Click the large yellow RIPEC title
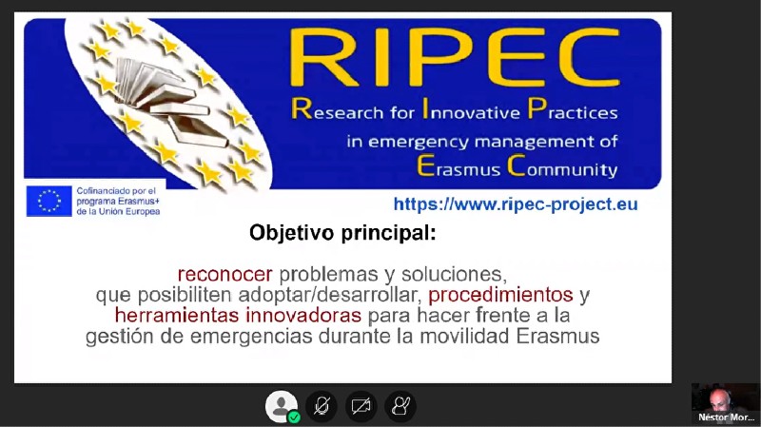(455, 57)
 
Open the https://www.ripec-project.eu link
(516, 204)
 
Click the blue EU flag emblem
(49, 201)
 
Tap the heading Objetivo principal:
(342, 232)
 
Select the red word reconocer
(224, 275)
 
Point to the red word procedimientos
(500, 295)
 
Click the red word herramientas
(177, 316)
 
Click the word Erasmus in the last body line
(557, 336)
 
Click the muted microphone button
(322, 406)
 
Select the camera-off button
(361, 406)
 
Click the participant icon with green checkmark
(282, 406)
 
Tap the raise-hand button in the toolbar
(400, 406)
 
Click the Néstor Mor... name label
(726, 417)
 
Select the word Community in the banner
(562, 167)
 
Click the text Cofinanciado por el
(116, 191)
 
